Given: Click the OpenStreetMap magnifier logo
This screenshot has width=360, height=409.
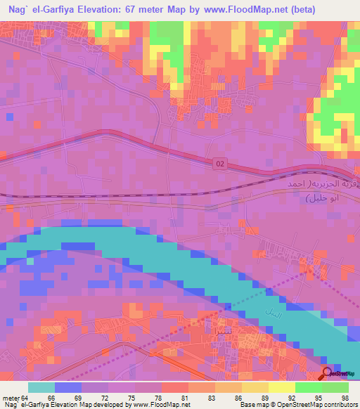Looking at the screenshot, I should click(x=328, y=374).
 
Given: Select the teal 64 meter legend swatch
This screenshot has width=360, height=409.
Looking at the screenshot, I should click(x=41, y=387).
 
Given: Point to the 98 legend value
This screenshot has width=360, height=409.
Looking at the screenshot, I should click(x=345, y=398).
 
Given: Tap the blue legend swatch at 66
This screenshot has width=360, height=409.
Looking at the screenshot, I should click(x=68, y=387).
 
